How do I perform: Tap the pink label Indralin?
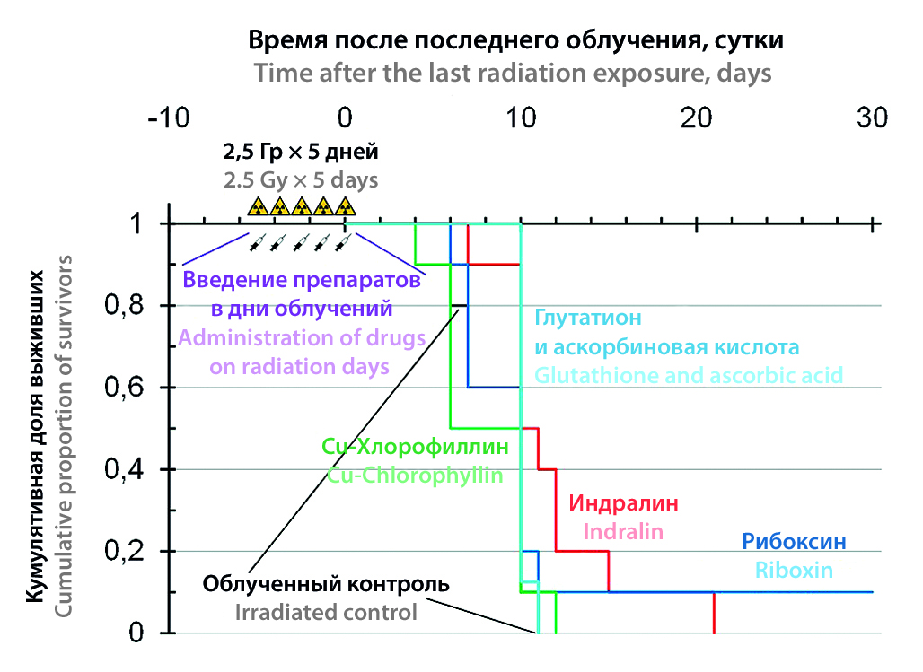[623, 531]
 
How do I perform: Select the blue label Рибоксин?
[794, 542]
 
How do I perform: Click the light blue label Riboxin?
[794, 570]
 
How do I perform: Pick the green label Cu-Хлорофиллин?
[415, 447]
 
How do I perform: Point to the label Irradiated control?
[326, 614]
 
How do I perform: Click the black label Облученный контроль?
[326, 585]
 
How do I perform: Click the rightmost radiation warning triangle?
[344, 207]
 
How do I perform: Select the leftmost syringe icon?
[258, 242]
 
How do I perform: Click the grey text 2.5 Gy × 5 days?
[301, 179]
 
